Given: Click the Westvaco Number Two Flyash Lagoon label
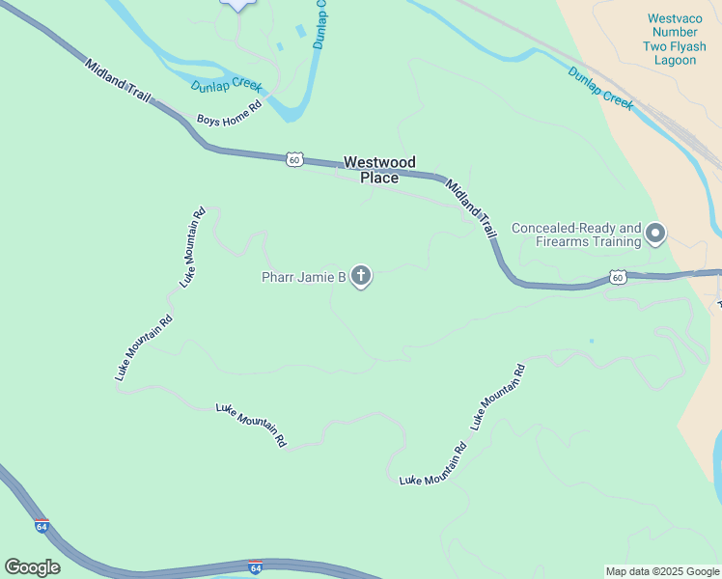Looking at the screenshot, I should (x=672, y=39).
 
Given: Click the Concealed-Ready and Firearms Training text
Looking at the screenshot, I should (x=576, y=234).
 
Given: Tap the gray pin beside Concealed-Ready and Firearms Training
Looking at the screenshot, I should (x=656, y=234).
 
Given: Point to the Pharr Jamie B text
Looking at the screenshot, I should (x=303, y=278).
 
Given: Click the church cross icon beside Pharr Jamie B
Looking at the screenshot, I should (x=361, y=278).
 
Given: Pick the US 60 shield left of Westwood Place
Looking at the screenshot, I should (x=294, y=158).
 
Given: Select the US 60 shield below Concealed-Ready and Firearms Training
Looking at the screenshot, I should (x=617, y=278).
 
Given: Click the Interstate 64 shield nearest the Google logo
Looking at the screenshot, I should (x=41, y=527).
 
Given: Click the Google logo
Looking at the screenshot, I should (x=32, y=567).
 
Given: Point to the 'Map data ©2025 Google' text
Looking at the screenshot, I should (x=662, y=571).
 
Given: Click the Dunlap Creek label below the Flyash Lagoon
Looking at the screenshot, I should (x=599, y=88).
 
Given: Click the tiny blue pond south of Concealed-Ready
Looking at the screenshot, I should (x=591, y=341).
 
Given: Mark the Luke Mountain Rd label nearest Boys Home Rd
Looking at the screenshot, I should (x=193, y=247).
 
